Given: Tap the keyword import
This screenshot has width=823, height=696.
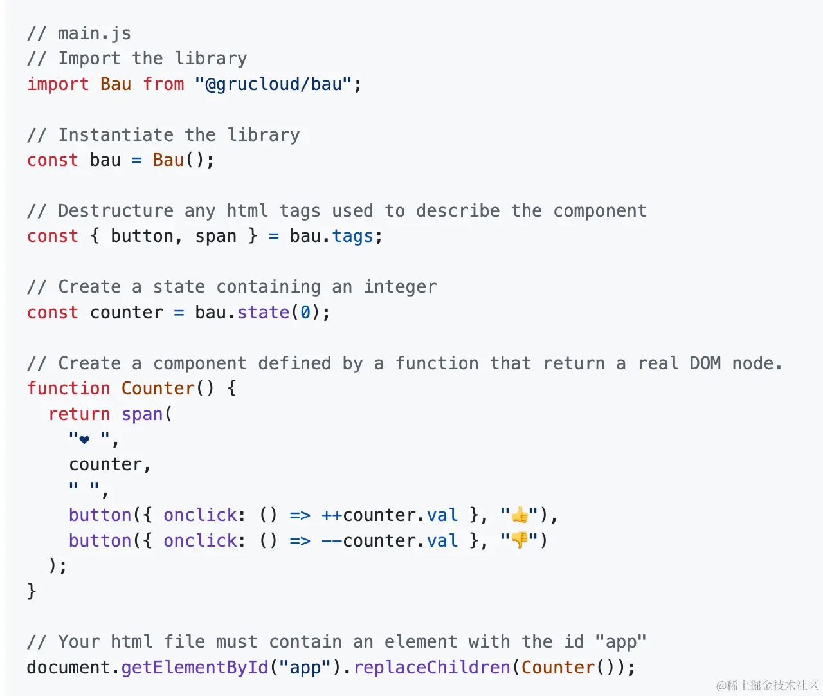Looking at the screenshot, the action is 58,84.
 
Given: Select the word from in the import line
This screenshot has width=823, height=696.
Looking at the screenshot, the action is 163,84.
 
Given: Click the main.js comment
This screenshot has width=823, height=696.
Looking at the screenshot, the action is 78,33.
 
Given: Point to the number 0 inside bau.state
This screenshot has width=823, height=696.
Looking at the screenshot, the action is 305,313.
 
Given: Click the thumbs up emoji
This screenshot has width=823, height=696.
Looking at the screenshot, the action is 520,515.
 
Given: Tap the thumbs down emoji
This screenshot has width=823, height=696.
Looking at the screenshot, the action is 520,540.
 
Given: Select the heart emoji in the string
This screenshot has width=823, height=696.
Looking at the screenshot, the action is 84,440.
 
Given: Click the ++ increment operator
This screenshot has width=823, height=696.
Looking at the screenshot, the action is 332,515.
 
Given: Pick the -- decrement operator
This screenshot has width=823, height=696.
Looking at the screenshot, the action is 332,541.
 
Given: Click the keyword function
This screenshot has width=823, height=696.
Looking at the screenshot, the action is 68,389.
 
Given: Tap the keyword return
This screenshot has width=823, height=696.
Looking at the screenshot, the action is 79,414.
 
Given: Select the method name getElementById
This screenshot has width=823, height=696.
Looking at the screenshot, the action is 194,668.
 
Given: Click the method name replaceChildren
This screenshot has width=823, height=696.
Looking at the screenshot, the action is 431,668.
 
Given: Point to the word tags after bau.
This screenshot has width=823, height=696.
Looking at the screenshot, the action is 352,237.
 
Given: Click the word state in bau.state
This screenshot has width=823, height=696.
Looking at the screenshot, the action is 263,313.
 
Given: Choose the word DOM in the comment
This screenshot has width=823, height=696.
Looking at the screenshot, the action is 705,363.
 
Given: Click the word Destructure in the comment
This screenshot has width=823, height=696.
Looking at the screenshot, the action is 116,211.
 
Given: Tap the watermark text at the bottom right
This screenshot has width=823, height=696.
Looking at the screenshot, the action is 767,685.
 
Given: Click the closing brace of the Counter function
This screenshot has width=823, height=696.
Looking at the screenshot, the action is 32,591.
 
